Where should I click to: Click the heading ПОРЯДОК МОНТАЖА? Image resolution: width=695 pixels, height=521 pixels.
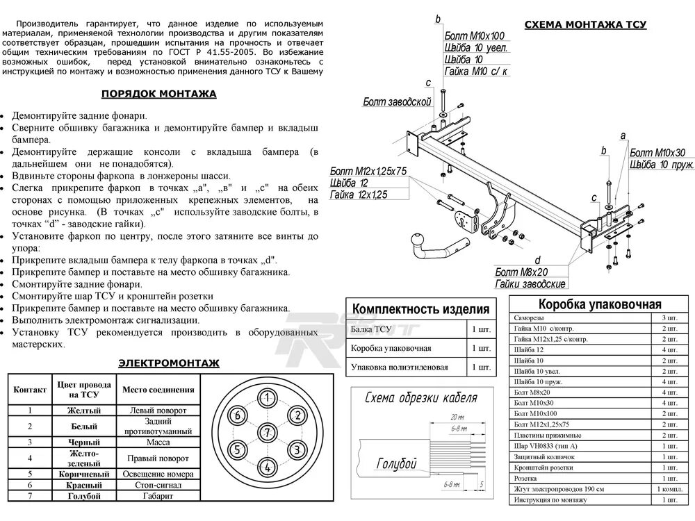[x=158, y=94]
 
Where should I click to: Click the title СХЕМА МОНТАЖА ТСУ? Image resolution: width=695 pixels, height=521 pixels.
[x=585, y=24]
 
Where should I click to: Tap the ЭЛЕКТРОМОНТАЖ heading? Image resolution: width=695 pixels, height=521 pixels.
[x=169, y=363]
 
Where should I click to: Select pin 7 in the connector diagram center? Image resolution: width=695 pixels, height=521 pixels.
[x=266, y=433]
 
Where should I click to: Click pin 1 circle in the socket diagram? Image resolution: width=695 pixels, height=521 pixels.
[x=266, y=398]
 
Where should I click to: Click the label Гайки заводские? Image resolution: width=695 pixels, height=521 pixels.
[x=531, y=283]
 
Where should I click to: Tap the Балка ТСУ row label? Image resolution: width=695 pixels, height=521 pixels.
[x=373, y=328]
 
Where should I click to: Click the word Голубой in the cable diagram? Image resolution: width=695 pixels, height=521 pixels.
[x=396, y=463]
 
